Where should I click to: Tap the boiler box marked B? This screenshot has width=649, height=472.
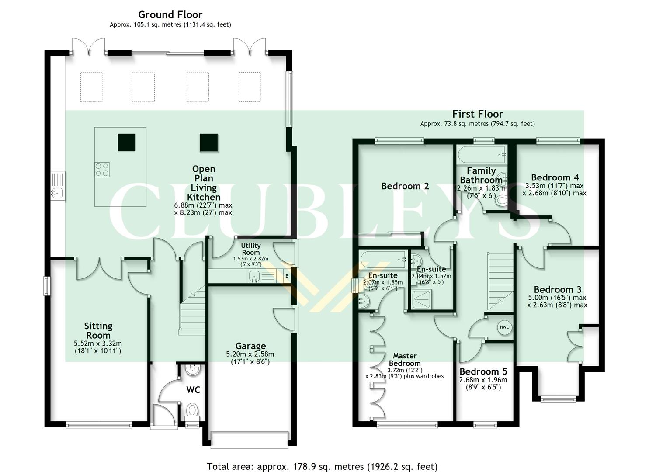click(287, 276)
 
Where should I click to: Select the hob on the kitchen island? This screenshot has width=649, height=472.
click(102, 170)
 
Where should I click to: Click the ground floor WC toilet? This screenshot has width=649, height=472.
click(192, 411)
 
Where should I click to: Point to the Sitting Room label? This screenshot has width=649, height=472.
click(98, 330)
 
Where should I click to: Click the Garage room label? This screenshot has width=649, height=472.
click(250, 346)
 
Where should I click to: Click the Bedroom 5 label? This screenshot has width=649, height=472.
click(483, 371)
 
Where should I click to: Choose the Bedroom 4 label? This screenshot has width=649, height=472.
click(555, 177)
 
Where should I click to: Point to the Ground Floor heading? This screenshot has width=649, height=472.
click(170, 15)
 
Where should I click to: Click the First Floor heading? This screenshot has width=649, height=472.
click(477, 114)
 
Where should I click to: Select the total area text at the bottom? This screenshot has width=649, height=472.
click(322, 466)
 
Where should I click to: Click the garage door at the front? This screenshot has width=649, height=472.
click(250, 439)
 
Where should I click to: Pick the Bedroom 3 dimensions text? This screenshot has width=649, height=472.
click(557, 302)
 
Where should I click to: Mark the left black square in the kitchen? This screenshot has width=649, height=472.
click(126, 142)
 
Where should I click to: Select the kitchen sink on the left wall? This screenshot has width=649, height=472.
click(57, 185)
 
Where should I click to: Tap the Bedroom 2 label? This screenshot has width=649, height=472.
click(405, 186)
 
